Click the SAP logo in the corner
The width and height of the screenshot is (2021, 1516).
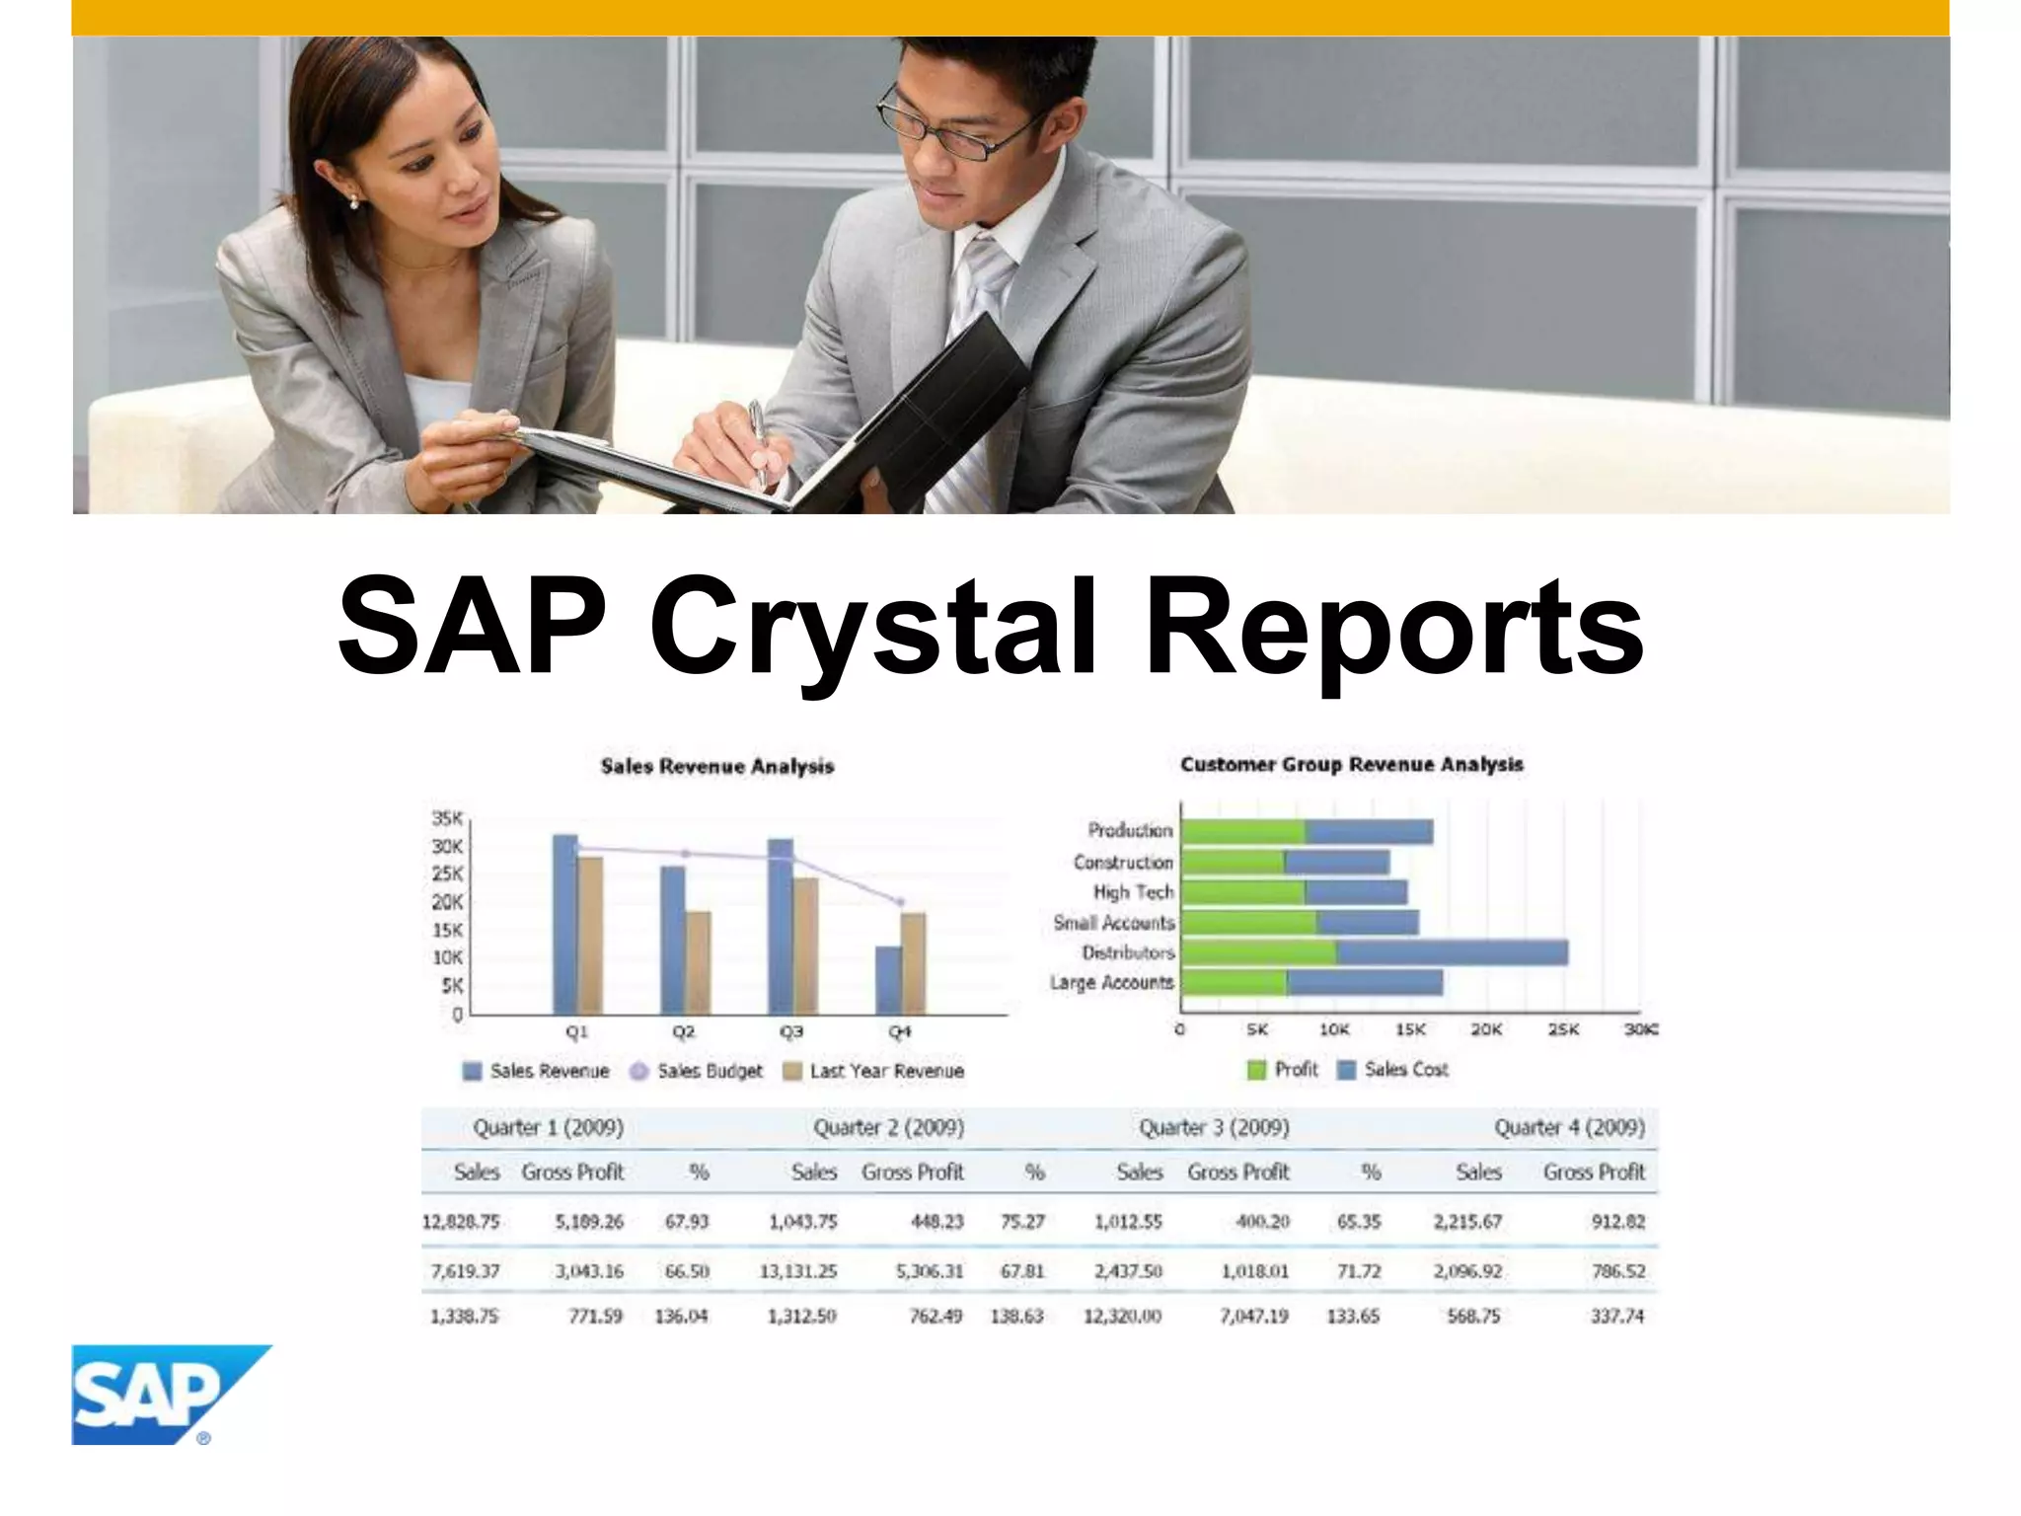[x=158, y=1394]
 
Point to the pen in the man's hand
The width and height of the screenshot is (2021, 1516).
[x=757, y=439]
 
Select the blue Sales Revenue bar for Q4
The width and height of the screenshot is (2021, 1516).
[x=888, y=980]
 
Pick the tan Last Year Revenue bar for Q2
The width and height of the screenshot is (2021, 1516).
[x=698, y=962]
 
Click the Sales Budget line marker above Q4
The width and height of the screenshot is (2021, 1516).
[x=899, y=902]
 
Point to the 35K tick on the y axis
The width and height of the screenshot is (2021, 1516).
[x=447, y=818]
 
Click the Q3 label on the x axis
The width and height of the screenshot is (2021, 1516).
[x=790, y=1031]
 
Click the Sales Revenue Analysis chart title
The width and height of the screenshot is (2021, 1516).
[x=717, y=767]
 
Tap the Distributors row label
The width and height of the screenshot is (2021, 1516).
[x=1128, y=952]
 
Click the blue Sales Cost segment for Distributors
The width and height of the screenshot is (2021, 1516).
[x=1451, y=952]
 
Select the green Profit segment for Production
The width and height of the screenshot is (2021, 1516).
[x=1243, y=832]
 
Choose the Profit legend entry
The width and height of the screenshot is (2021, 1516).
[x=1283, y=1070]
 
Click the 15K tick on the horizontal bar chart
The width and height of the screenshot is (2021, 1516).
[x=1410, y=1029]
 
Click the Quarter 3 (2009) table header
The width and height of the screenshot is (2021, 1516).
[x=1214, y=1127]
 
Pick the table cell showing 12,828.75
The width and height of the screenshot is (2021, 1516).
[x=461, y=1222]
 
